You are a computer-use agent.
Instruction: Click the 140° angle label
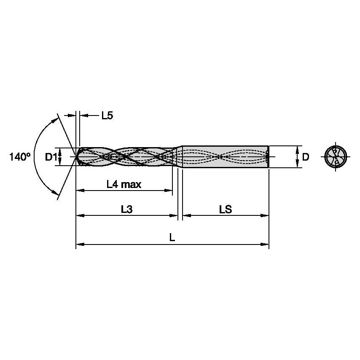(x=20, y=157)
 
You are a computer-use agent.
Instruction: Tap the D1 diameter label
(x=51, y=157)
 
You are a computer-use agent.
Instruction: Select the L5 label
(x=107, y=116)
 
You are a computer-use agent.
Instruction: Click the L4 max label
(x=124, y=184)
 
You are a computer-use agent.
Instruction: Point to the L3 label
(x=126, y=209)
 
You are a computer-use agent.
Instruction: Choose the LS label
(x=226, y=209)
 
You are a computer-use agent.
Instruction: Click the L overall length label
(x=172, y=238)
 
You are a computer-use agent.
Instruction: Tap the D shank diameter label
(x=306, y=157)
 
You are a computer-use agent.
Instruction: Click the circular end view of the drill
(x=336, y=157)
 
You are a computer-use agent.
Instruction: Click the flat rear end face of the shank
(x=269, y=157)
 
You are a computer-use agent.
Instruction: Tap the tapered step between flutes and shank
(x=179, y=157)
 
